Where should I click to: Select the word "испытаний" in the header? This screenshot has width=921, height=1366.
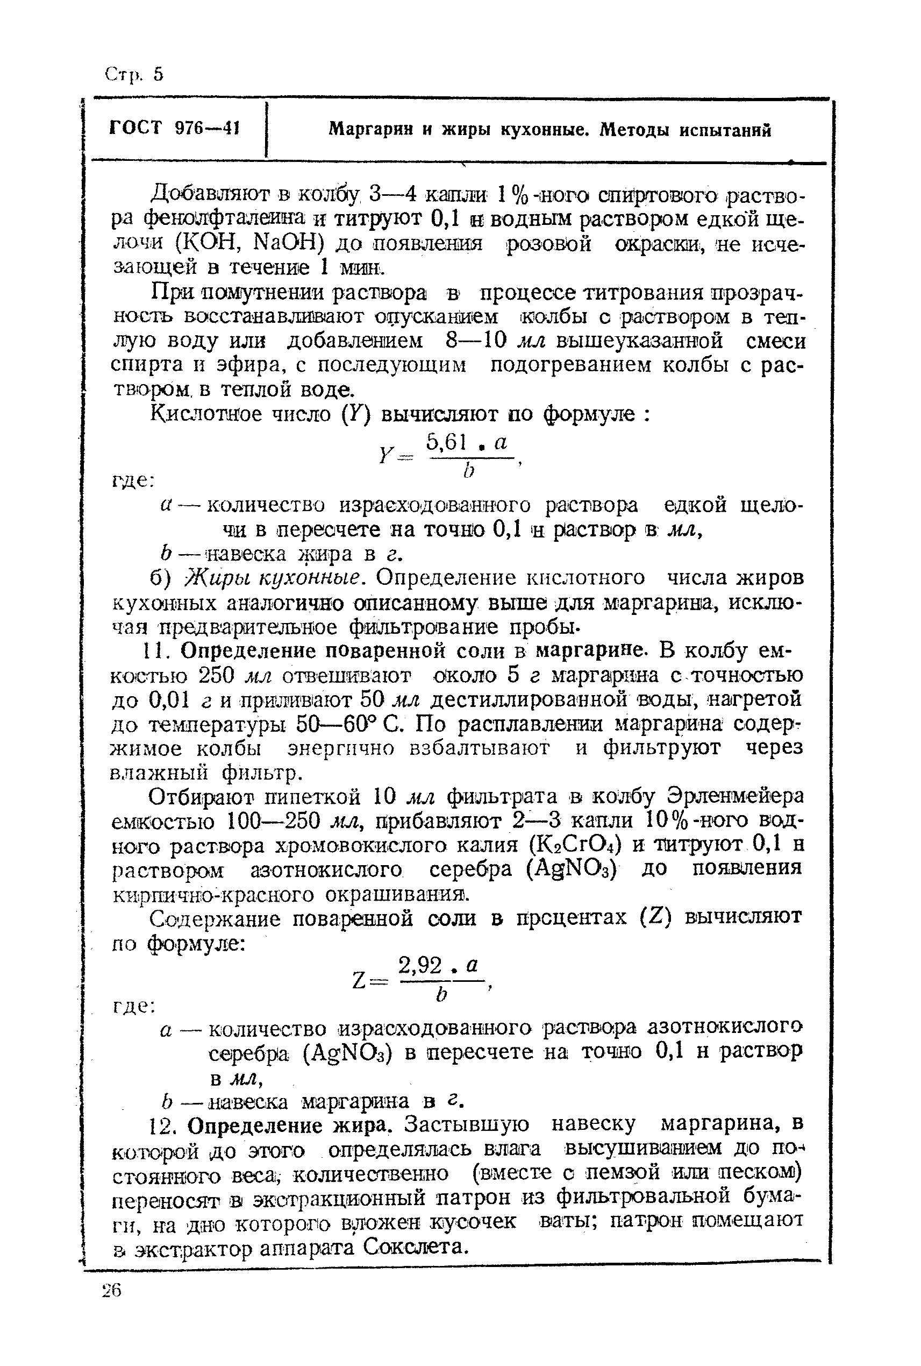coord(725,129)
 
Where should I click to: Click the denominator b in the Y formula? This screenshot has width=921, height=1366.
coord(468,471)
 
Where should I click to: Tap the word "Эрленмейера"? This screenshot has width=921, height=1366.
coord(736,796)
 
